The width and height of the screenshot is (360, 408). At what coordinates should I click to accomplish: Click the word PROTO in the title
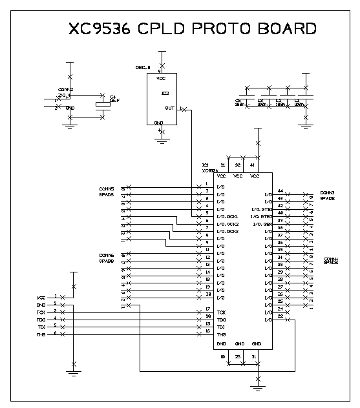(217, 29)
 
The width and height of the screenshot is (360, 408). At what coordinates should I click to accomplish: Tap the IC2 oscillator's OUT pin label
(169, 108)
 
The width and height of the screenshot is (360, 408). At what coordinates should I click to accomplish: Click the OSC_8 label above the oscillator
(142, 67)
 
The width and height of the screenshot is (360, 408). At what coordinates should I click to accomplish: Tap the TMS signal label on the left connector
(41, 334)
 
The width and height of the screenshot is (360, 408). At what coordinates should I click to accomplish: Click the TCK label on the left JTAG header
(41, 312)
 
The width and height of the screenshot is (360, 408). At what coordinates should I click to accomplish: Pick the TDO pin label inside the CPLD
(222, 320)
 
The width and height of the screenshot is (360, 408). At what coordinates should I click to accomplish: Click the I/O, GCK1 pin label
(228, 216)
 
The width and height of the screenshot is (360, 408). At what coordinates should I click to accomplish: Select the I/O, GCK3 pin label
(228, 231)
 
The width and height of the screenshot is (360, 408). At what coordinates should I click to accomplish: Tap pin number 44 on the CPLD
(280, 191)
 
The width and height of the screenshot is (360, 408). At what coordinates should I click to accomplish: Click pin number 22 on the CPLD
(280, 316)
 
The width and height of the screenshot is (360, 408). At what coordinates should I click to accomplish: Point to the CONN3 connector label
(326, 193)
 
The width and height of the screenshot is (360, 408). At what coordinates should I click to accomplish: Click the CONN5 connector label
(107, 189)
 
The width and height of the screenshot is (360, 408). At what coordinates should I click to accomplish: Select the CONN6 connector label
(107, 256)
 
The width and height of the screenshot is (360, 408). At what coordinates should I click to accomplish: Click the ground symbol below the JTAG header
(73, 372)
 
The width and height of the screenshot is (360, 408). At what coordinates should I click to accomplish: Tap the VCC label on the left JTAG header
(41, 297)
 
